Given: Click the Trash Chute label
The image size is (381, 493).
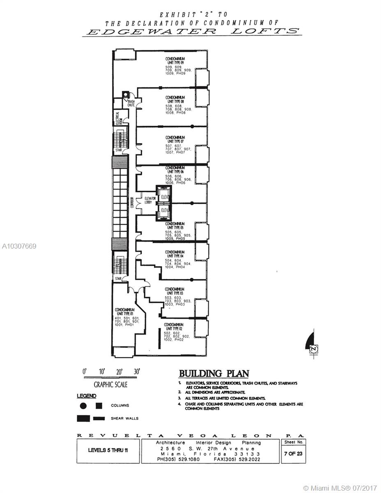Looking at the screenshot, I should pyautogui.click(x=131, y=103).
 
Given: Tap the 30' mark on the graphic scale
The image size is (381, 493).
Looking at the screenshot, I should pyautogui.click(x=137, y=371).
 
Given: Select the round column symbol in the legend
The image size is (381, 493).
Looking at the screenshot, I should pyautogui.click(x=83, y=405).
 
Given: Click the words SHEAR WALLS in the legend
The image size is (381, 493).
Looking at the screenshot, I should pyautogui.click(x=125, y=419).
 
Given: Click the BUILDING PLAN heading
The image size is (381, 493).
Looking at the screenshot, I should pyautogui.click(x=214, y=373).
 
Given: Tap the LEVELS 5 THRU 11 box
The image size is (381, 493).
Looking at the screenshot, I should pyautogui.click(x=108, y=450).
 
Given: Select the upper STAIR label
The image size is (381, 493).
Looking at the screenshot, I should pyautogui.click(x=118, y=150).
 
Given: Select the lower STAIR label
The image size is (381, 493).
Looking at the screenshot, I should pyautogui.click(x=118, y=278).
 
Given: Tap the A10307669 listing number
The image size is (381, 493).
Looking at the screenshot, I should pyautogui.click(x=19, y=246).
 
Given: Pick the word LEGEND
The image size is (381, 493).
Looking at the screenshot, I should pyautogui.click(x=86, y=396).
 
